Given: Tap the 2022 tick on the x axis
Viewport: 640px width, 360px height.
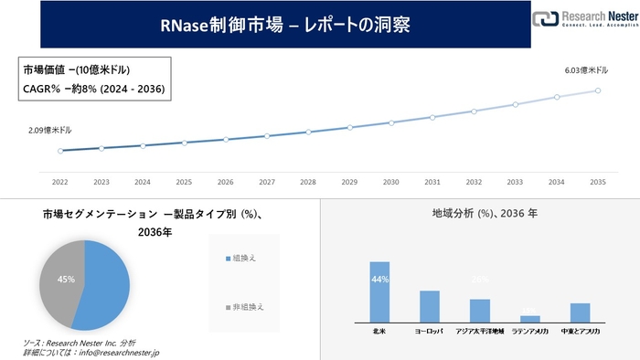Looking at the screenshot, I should tap(60, 181).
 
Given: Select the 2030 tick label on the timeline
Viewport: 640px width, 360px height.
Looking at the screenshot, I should tap(391, 181).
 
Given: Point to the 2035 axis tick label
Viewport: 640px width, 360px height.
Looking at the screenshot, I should tap(599, 181).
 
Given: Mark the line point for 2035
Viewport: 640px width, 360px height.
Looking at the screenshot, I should tap(599, 90).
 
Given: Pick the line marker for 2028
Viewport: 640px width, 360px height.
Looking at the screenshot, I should tap(308, 132).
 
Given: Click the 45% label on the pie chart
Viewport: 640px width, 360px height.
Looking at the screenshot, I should tap(67, 278).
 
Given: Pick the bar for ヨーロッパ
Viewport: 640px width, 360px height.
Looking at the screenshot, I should tap(430, 306).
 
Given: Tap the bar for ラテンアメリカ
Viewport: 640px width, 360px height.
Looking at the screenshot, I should tap(530, 317).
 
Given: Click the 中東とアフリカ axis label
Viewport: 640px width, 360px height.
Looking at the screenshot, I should tap(580, 331).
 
